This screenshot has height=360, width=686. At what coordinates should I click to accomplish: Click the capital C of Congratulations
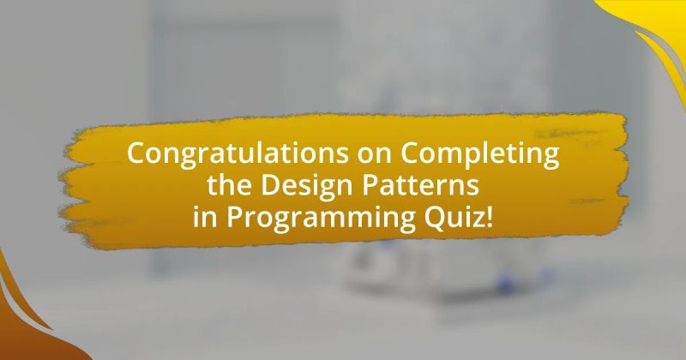[x=136, y=155]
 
